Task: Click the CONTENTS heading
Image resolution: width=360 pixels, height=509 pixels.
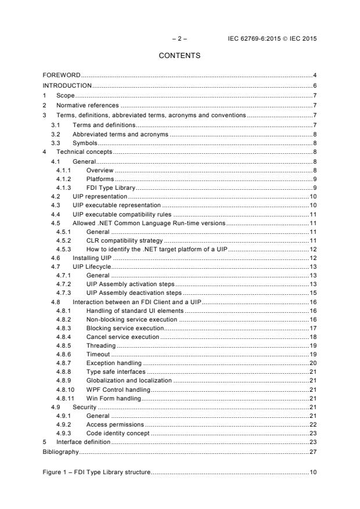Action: click(x=180, y=56)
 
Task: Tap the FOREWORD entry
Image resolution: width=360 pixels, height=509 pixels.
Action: click(x=62, y=75)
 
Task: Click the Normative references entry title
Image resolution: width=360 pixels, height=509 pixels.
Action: click(x=88, y=105)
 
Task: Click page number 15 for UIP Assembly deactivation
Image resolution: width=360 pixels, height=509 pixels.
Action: click(x=312, y=293)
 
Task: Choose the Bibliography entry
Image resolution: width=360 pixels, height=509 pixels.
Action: click(x=61, y=450)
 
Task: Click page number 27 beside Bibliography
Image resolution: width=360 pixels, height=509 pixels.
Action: click(x=312, y=450)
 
